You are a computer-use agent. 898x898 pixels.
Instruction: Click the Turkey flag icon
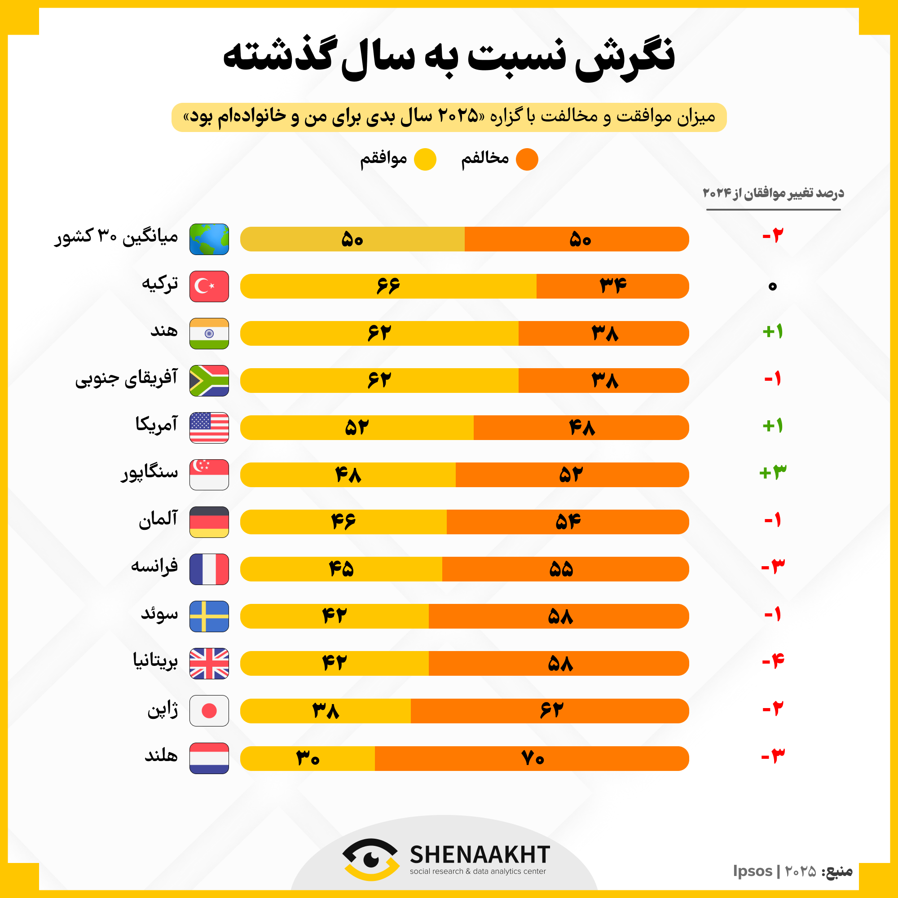pos(209,286)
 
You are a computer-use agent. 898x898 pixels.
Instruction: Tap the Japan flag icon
pos(209,710)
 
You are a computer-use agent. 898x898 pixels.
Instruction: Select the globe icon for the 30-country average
pos(209,239)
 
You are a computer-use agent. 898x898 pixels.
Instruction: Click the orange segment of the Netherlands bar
pos(532,758)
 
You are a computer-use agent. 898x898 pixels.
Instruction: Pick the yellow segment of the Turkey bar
pos(388,286)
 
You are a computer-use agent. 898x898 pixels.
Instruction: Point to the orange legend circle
pos(527,159)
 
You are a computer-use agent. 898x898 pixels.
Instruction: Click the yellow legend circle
pos(425,159)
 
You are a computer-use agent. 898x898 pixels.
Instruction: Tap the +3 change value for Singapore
pos(772,473)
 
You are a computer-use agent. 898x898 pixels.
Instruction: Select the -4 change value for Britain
pos(772,660)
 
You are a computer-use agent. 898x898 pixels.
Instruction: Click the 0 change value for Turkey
pos(772,286)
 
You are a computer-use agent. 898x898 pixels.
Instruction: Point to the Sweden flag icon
pos(209,616)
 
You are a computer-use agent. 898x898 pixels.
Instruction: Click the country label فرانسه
pos(154,566)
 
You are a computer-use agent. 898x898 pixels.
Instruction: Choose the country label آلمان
pos(158,519)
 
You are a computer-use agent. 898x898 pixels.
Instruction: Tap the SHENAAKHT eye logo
pos(370,859)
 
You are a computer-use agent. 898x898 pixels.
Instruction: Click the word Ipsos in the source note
pos(753,871)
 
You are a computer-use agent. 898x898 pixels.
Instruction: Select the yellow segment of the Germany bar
pos(343,521)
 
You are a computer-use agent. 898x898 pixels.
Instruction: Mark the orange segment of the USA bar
pos(581,427)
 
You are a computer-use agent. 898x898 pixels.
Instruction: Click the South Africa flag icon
pos(209,381)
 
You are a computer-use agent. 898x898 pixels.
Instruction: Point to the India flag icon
pos(209,333)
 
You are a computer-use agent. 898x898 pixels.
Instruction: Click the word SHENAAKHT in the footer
pos(480,854)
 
